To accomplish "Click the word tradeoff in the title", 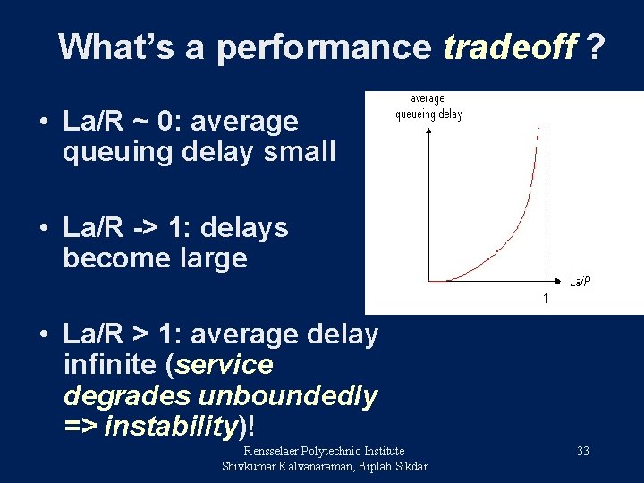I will [x=510, y=47].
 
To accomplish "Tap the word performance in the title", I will [x=323, y=47].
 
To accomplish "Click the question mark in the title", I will [x=592, y=47].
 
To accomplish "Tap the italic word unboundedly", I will [x=291, y=395].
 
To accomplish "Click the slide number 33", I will [x=582, y=452].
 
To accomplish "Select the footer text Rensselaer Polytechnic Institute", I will [x=324, y=451].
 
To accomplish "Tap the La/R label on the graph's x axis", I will [x=580, y=282].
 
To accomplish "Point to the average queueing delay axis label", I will [x=428, y=106].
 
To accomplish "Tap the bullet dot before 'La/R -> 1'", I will [x=43, y=228].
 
